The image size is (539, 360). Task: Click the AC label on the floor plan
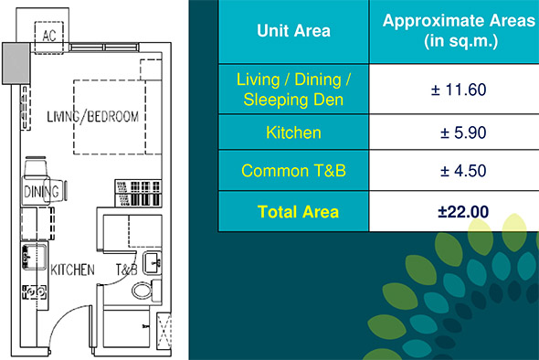coord(49,36)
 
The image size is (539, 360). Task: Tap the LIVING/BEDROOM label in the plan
coord(93,117)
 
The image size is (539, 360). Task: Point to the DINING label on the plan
coord(41,192)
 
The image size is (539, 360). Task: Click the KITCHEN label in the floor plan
coord(72,270)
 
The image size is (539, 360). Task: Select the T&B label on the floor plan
coord(126,270)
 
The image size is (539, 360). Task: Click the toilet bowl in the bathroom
coord(142,291)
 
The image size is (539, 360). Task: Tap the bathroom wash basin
coord(153,263)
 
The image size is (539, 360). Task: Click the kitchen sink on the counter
coord(34,257)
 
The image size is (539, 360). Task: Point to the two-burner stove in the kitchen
coord(34,292)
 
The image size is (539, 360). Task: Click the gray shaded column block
coord(16,63)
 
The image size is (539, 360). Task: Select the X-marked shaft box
coord(164,331)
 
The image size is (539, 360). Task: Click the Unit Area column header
coord(293,30)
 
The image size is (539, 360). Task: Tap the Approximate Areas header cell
coord(459,31)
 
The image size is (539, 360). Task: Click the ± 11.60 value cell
coord(459,90)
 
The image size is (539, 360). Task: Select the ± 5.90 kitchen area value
coord(463,132)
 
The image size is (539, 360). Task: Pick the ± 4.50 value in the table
coord(463,171)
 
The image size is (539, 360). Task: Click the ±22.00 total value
coord(463,212)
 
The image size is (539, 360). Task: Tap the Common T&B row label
coord(293,171)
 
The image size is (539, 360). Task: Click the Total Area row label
coord(298,212)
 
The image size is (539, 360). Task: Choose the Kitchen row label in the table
coord(293,132)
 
